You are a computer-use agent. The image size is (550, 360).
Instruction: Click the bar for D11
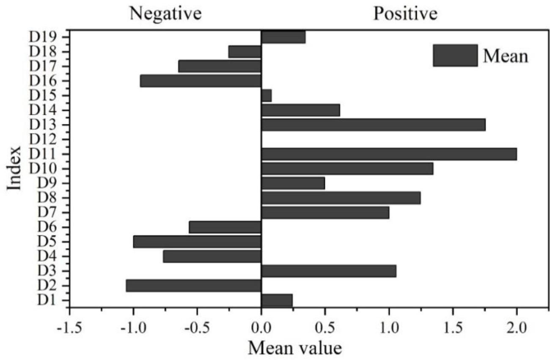click(389, 154)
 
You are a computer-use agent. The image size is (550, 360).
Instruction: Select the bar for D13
click(373, 125)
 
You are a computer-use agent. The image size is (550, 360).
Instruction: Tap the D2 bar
click(193, 286)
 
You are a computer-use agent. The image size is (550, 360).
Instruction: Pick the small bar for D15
click(267, 96)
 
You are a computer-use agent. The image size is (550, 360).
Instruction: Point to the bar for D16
click(201, 81)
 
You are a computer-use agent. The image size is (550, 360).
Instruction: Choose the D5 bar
click(197, 242)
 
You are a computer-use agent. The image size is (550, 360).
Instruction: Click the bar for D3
click(329, 271)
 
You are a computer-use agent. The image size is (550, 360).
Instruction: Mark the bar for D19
click(283, 37)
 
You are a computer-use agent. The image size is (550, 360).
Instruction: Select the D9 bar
click(293, 183)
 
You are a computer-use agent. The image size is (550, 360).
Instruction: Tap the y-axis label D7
click(48, 212)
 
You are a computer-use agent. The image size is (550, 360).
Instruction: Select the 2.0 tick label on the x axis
click(517, 327)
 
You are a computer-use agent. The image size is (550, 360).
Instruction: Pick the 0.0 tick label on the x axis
click(261, 327)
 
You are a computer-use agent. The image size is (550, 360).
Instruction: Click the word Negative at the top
click(165, 14)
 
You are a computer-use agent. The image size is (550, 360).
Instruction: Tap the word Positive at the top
click(405, 14)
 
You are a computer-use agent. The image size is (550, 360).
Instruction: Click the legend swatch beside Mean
click(455, 55)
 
